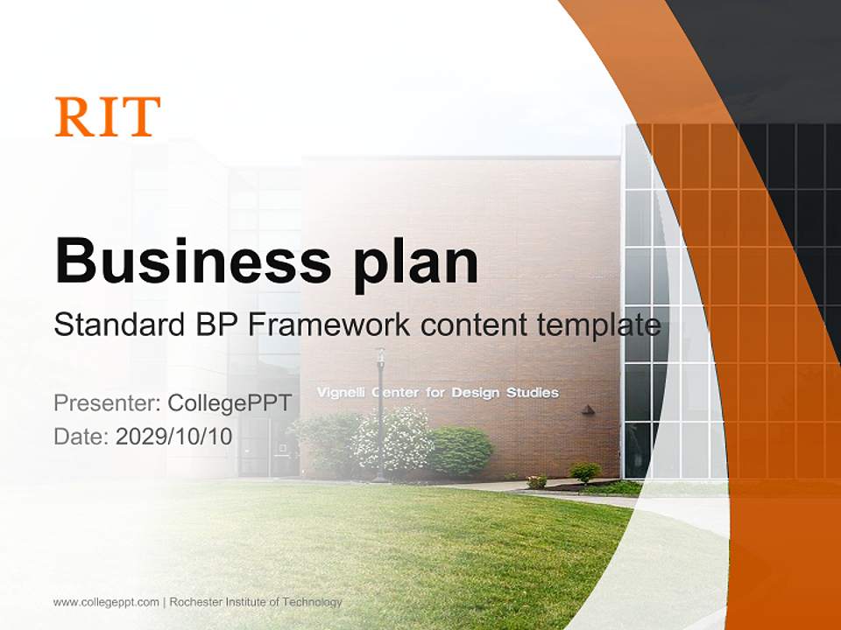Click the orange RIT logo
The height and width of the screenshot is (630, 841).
108,116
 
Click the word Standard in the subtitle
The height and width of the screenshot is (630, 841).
116,325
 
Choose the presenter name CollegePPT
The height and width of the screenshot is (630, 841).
229,403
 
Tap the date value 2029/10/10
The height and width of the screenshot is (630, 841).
174,437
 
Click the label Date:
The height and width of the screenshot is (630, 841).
81,437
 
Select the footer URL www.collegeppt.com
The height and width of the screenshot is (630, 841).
106,602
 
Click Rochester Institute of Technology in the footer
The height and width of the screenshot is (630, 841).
256,602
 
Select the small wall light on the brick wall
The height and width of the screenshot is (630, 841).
588,409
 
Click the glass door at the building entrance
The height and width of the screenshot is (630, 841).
282,448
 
